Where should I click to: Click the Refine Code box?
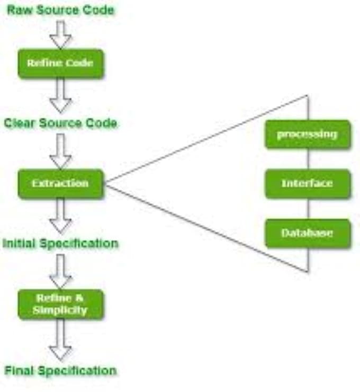tap(61, 63)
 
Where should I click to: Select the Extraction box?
tap(61, 184)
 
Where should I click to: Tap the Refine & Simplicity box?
tap(61, 304)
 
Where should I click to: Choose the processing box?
tap(308, 135)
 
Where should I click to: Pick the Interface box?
tap(308, 184)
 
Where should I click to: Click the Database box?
tap(308, 233)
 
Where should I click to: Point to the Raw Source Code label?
tap(61, 10)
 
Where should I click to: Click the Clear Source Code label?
tap(60, 123)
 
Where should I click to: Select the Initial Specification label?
tap(60, 244)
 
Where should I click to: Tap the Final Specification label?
tap(61, 370)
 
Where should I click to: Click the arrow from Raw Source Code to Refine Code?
tap(61, 34)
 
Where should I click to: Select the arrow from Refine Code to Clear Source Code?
tap(61, 95)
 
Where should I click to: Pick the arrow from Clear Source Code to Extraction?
tap(61, 152)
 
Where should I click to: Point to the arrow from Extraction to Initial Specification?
tap(61, 216)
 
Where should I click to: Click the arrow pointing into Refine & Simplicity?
tap(61, 272)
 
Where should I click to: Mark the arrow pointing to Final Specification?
tap(61, 340)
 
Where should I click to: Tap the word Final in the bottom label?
tap(19, 370)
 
